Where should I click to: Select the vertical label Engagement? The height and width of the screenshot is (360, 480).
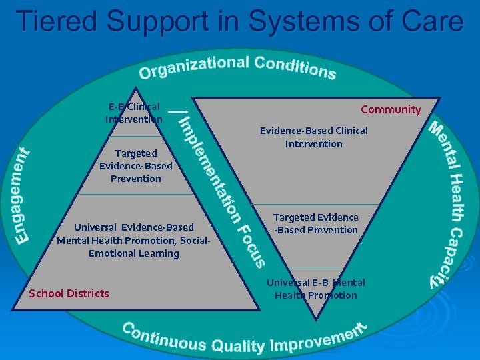[24, 195]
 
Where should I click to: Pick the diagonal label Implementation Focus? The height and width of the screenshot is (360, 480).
[223, 190]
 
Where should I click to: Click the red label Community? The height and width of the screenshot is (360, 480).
[391, 109]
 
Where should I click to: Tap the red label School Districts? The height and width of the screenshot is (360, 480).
[69, 293]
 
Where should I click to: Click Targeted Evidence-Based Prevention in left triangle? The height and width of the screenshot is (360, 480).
[135, 166]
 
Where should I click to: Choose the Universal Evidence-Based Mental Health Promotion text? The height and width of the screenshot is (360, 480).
[134, 234]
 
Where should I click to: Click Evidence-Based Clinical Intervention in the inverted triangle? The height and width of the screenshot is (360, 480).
[313, 137]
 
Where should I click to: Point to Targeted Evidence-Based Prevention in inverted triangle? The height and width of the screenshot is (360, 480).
[315, 223]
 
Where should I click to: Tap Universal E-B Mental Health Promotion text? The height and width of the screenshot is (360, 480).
[316, 289]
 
